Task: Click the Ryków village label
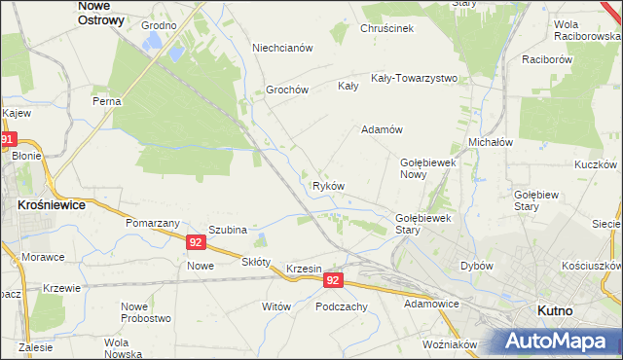tap(328, 186)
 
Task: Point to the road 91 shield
tap(9, 140)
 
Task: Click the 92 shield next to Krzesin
tap(334, 280)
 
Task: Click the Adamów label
tap(382, 129)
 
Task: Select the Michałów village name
tap(491, 142)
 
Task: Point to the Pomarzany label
tap(149, 223)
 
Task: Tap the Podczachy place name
tap(341, 306)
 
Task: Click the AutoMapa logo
tap(557, 341)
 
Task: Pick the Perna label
tap(106, 101)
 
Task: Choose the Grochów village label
tap(287, 90)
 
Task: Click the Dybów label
tap(477, 266)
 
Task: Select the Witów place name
tap(276, 306)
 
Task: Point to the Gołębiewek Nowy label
tap(429, 168)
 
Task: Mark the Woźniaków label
tap(450, 344)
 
